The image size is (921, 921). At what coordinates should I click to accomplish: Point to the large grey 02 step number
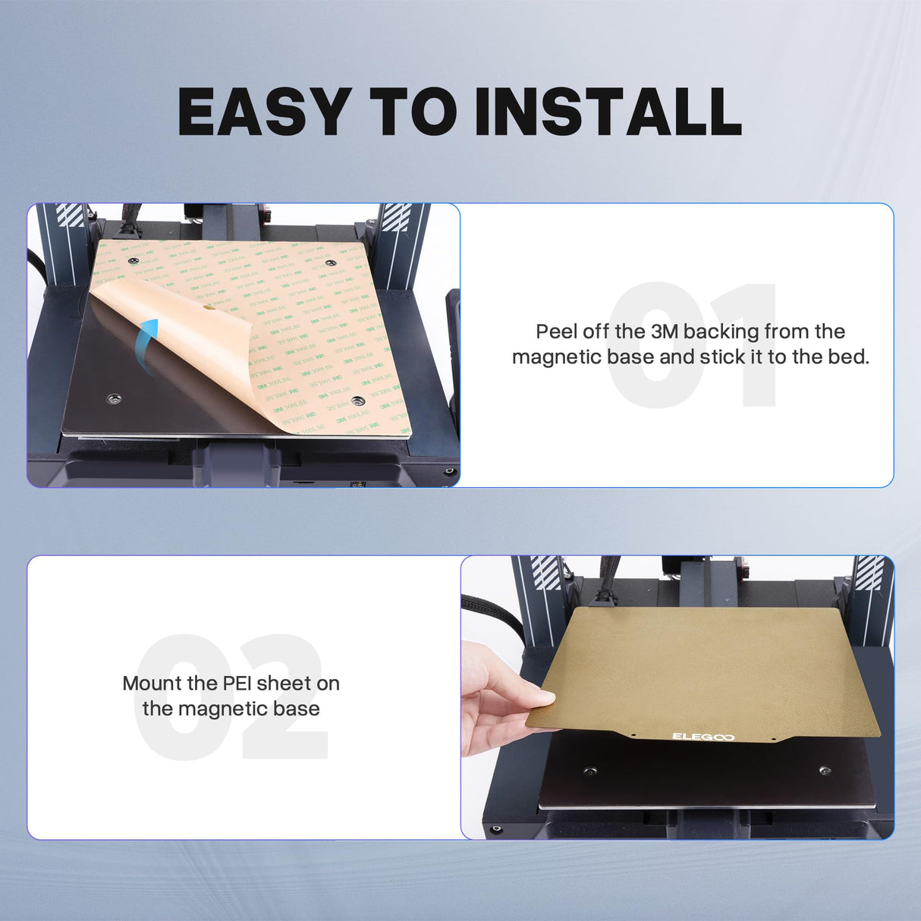coord(231,696)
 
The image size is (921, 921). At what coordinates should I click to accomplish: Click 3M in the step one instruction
coord(665,332)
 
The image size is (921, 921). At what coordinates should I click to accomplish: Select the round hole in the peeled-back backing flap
coord(208,308)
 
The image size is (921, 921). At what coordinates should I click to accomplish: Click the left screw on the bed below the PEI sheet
coord(589,772)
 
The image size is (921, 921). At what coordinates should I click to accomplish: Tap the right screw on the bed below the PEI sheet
coord(825,771)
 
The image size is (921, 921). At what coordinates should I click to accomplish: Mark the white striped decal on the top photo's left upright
coord(71,215)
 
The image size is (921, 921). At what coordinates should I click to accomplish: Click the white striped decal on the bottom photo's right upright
coord(869,572)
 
